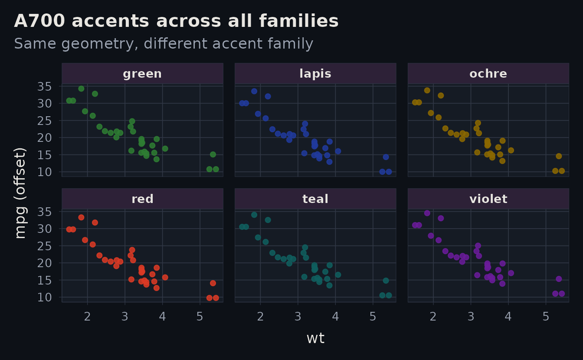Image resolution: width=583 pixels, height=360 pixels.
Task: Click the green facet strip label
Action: (142, 74)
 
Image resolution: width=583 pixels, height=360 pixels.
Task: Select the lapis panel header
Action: (315, 74)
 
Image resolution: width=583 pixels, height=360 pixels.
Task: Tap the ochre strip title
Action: (488, 74)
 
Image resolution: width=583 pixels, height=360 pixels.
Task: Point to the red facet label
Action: (142, 199)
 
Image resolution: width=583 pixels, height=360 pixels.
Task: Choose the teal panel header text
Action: (315, 199)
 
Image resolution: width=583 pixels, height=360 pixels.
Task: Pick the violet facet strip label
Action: (488, 199)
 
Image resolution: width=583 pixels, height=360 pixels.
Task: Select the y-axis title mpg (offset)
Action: (20, 193)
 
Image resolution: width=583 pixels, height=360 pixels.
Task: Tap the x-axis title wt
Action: (315, 338)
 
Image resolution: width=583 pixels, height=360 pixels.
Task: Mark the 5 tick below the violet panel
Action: (546, 317)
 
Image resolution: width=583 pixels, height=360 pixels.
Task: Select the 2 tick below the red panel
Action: (88, 317)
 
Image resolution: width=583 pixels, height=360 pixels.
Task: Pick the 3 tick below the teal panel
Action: (298, 317)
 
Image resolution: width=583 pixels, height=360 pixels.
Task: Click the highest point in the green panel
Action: (81, 88)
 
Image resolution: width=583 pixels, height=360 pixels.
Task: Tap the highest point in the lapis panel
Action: (254, 91)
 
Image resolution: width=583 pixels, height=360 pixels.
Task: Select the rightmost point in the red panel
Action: (216, 298)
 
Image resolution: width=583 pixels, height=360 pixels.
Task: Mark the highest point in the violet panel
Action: (427, 213)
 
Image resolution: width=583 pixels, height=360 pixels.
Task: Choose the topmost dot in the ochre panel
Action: (427, 90)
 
